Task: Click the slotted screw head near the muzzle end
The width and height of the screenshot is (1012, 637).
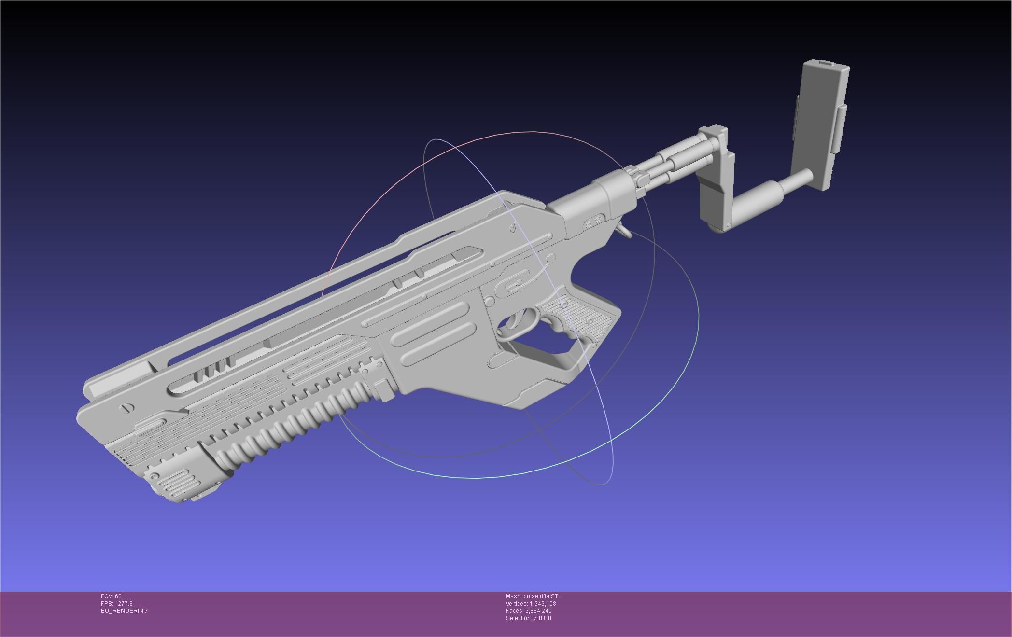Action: click(127, 408)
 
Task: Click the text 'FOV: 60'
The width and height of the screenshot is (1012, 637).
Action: click(111, 596)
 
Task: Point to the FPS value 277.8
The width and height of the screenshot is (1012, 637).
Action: click(125, 604)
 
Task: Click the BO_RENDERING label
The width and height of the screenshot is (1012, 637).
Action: click(124, 611)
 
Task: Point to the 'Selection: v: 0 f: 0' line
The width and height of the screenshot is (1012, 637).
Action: click(528, 618)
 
